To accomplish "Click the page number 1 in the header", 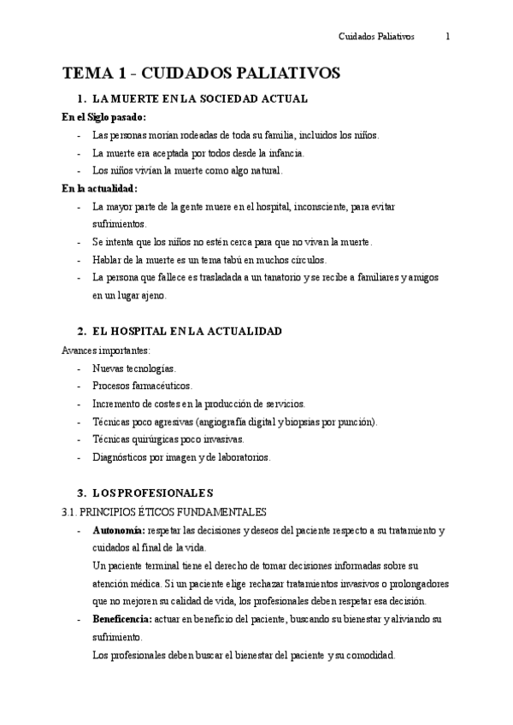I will coord(448,38).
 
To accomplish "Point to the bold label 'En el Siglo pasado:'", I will coord(104,117).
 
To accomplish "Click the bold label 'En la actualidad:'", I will coord(100,189).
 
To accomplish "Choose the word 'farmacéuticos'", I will coord(162,386).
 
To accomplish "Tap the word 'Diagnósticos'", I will coord(121,457).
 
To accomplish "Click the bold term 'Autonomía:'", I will coord(119,530).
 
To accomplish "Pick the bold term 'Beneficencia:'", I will coord(122,619).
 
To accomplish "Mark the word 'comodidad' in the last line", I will coord(367,656).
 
